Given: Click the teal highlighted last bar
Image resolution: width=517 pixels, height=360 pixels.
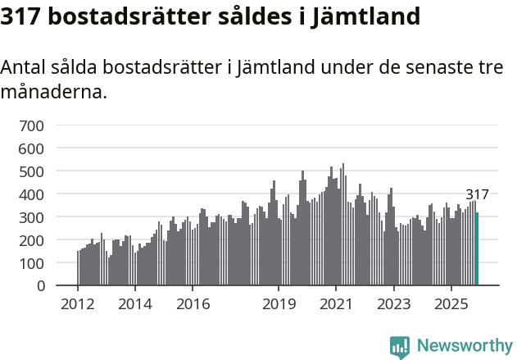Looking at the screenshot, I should [477, 249].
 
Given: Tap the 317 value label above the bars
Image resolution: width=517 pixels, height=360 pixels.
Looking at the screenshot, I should [477, 195].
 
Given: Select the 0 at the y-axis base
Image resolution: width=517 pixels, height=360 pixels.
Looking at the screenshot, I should [40, 286].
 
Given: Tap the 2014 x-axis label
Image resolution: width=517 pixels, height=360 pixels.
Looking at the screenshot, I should [135, 304].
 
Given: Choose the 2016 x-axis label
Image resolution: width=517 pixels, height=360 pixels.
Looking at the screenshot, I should [193, 304].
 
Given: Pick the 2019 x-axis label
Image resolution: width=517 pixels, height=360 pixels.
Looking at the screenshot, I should [279, 304].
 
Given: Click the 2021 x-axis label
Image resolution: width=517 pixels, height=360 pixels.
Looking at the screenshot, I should [336, 304].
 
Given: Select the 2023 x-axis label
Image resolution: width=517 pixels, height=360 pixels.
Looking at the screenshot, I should [393, 304].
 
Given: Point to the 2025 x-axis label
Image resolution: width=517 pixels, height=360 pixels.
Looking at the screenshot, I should [451, 304].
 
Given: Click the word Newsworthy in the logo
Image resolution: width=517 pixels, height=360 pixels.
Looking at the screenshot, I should [464, 346].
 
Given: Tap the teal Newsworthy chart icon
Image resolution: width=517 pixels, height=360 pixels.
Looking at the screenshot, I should [400, 347].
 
